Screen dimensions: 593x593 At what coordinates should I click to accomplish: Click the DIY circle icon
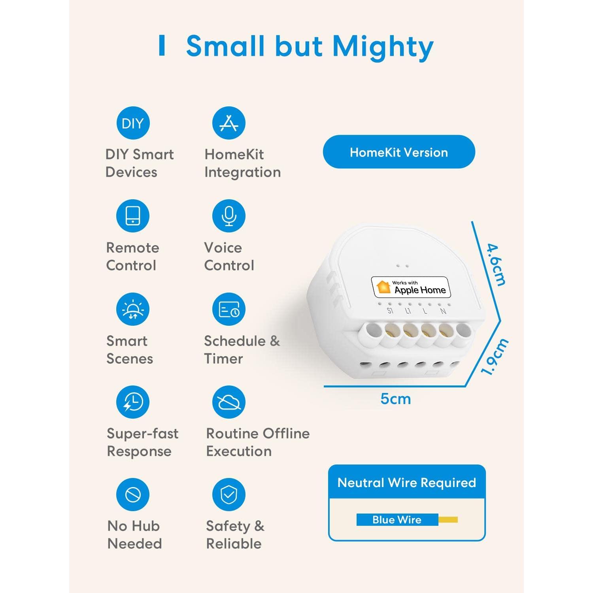pyautogui.click(x=133, y=123)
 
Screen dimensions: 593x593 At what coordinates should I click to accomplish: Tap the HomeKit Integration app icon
pyautogui.click(x=229, y=123)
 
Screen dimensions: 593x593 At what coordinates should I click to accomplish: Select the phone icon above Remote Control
pyautogui.click(x=133, y=216)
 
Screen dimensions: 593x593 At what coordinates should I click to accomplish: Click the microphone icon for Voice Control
pyautogui.click(x=229, y=216)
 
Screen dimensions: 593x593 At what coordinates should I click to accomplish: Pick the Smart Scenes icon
pyautogui.click(x=133, y=309)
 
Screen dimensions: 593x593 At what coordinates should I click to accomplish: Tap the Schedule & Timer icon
pyautogui.click(x=229, y=309)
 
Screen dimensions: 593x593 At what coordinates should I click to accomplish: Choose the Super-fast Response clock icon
pyautogui.click(x=133, y=402)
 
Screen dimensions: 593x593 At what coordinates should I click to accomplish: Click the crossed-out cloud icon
pyautogui.click(x=229, y=402)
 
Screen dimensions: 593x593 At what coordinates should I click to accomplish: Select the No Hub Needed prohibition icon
pyautogui.click(x=133, y=495)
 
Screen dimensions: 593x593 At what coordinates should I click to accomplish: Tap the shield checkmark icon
pyautogui.click(x=229, y=495)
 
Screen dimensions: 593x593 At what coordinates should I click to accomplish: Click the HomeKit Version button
pyautogui.click(x=399, y=152)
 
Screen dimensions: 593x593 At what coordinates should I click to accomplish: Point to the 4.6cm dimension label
pyautogui.click(x=496, y=264)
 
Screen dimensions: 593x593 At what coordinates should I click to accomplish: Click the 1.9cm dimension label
pyautogui.click(x=494, y=357)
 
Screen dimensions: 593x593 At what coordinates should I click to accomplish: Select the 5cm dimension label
pyautogui.click(x=396, y=399)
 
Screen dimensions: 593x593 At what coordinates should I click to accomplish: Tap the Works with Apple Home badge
pyautogui.click(x=411, y=287)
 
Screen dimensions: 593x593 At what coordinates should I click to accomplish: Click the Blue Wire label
pyautogui.click(x=397, y=519)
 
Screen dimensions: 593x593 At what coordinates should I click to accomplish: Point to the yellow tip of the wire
pyautogui.click(x=448, y=519)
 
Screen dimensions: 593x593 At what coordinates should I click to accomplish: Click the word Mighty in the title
pyautogui.click(x=383, y=47)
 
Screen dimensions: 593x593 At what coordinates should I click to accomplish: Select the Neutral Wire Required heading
pyautogui.click(x=407, y=483)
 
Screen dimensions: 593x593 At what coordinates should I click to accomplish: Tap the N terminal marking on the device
pyautogui.click(x=443, y=311)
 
